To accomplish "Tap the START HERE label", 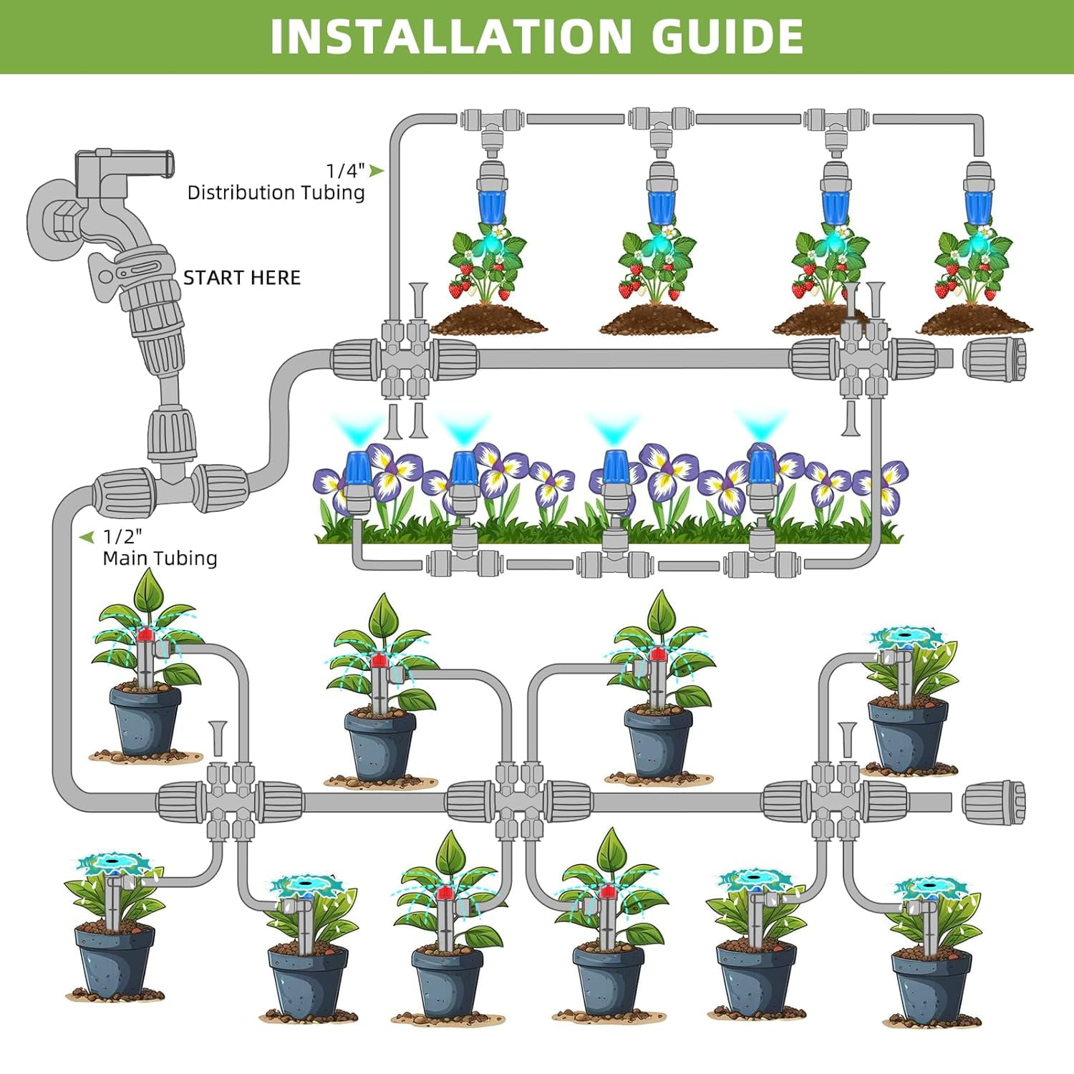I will point(242,278).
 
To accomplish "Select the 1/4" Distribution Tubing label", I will point(276,182).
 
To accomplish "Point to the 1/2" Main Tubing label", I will point(159,548).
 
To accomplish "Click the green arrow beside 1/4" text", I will point(376,170).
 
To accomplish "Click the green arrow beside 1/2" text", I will point(87,536).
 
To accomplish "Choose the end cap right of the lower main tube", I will point(995,803).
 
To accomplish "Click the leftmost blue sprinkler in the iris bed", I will point(357,469).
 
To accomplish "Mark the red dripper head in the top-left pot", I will point(146,634).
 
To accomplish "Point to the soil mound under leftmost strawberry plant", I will point(490,320).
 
